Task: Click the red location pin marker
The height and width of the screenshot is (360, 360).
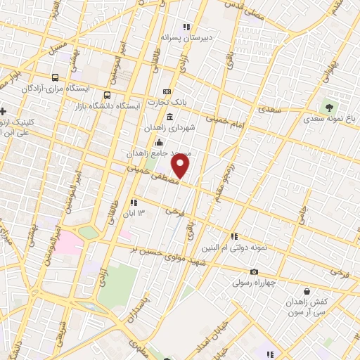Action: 181,167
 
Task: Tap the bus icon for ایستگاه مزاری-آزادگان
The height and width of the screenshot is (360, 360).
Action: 56,77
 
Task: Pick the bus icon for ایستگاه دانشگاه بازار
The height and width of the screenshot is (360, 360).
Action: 107,94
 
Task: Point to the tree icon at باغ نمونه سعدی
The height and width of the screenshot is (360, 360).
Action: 328,108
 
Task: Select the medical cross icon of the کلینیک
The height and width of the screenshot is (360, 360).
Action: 4,111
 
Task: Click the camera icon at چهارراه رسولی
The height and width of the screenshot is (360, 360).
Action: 254,272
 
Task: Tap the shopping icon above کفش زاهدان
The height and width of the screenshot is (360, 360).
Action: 306,290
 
